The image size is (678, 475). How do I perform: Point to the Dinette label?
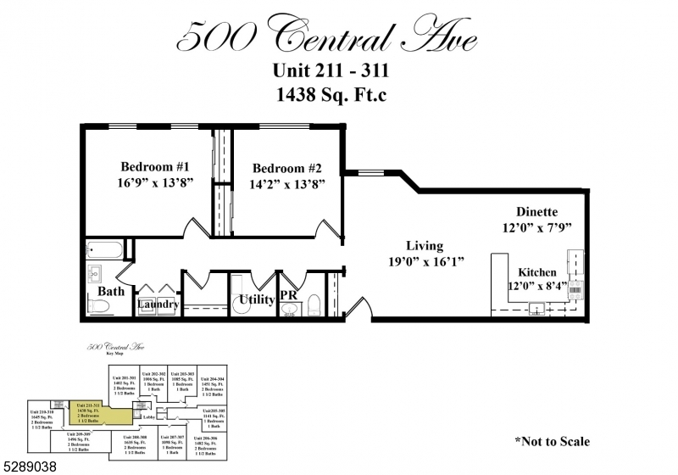click(537, 211)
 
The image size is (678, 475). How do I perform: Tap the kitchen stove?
click(575, 291)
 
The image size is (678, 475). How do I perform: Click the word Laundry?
click(158, 305)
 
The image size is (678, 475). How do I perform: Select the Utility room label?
click(257, 299)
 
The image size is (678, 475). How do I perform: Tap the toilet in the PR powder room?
click(311, 304)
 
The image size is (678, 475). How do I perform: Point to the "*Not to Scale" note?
click(552, 441)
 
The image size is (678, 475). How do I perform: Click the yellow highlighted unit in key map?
click(100, 412)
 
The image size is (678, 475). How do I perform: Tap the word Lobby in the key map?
click(149, 416)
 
